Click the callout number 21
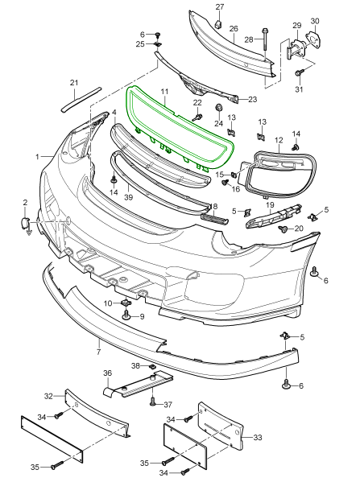click(73, 83)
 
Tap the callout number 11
click(163, 93)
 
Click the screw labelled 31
click(299, 74)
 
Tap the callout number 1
click(37, 155)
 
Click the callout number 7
click(98, 352)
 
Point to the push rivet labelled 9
click(127, 317)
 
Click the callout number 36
click(106, 373)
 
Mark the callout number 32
click(48, 396)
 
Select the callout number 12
click(279, 140)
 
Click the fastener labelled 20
click(283, 229)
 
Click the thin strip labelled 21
click(70, 99)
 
